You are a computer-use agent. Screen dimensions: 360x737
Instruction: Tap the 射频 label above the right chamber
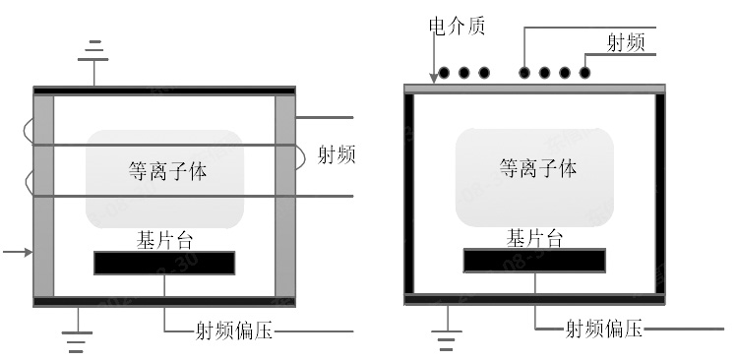click(627, 41)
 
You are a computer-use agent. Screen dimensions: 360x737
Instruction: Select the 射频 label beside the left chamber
click(337, 154)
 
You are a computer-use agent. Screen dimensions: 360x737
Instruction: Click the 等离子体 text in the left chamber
click(167, 169)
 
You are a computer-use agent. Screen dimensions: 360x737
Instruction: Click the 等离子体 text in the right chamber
click(537, 168)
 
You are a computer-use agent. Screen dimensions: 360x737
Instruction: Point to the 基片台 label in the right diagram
click(535, 238)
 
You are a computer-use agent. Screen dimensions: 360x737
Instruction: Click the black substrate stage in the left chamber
click(164, 263)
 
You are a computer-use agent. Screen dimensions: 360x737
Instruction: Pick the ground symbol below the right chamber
click(447, 340)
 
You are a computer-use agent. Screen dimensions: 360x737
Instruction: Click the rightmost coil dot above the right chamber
click(585, 72)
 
